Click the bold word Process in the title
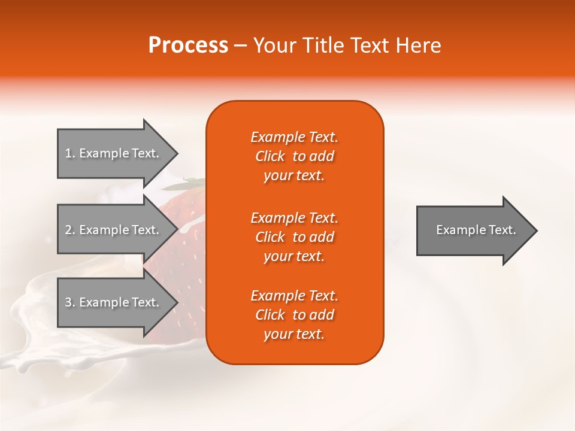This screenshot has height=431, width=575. (x=188, y=45)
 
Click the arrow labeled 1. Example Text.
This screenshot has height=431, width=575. (x=114, y=153)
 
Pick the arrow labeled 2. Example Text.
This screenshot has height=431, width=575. (x=114, y=230)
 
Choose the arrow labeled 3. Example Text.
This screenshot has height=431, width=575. (x=114, y=302)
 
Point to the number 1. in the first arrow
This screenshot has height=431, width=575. (x=70, y=153)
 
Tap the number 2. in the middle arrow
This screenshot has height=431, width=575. (x=70, y=230)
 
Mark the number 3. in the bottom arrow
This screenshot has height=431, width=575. (x=70, y=302)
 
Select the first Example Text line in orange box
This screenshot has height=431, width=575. (x=294, y=137)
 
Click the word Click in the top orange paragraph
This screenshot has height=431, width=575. (x=270, y=156)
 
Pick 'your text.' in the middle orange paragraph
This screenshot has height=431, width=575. (x=294, y=256)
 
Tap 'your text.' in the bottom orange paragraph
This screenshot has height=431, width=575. (x=294, y=334)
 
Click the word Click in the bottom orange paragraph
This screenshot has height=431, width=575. (x=270, y=315)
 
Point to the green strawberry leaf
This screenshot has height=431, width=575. (x=193, y=180)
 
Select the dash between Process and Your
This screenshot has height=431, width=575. (x=241, y=45)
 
